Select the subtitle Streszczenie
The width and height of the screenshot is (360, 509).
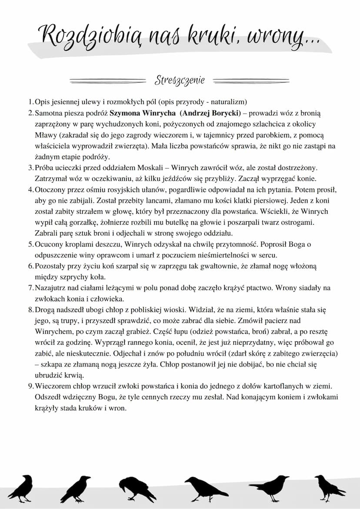(x=180, y=80)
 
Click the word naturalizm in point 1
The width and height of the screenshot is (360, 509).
(x=229, y=102)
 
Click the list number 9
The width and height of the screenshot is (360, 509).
(x=30, y=386)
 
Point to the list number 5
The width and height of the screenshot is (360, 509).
(x=30, y=244)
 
